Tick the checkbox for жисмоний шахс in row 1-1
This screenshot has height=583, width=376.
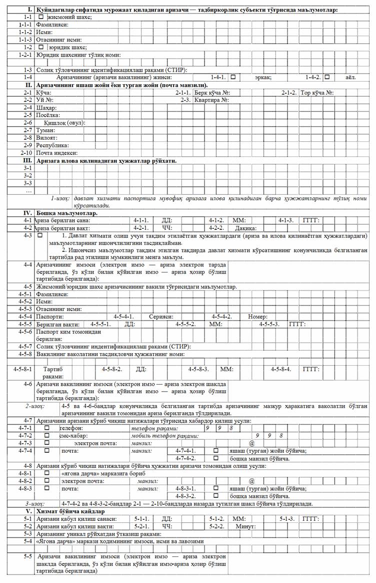click(42, 17)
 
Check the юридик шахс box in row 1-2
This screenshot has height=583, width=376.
click(42, 47)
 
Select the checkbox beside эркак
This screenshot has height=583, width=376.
click(233, 77)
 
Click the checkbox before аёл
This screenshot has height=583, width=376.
click(326, 77)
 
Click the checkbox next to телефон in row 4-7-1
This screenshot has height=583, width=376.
click(46, 428)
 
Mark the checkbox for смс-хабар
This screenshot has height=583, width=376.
click(46, 436)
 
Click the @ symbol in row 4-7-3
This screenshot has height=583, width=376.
click(253, 443)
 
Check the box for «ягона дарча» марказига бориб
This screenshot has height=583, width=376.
click(46, 473)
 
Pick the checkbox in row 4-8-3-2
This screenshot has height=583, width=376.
click(216, 496)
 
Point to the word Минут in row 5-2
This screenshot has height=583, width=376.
click(246, 526)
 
